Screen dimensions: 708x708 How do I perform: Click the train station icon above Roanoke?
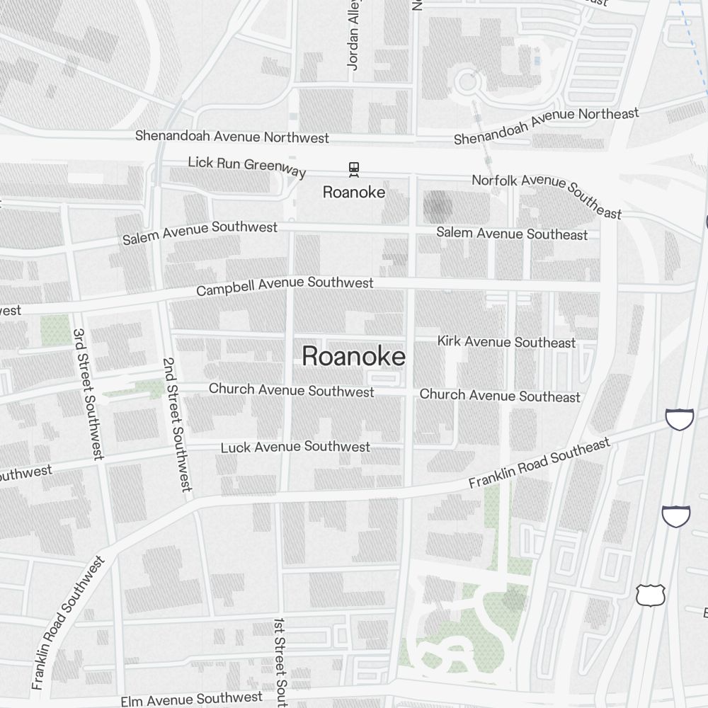[x=353, y=169]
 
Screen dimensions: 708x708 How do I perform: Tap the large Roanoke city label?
[x=353, y=356]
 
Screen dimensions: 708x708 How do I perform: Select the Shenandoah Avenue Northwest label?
[x=232, y=136]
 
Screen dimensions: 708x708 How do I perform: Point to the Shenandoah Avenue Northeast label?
[x=546, y=125]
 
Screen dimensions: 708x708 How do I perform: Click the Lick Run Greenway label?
[x=246, y=166]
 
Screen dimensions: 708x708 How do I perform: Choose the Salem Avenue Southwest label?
[x=200, y=232]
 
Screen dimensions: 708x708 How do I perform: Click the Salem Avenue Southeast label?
[x=512, y=233]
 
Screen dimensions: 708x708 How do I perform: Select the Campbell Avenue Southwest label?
[x=285, y=286]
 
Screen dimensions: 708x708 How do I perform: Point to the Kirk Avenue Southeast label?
[x=506, y=341]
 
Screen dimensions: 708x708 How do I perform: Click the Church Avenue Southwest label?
[x=291, y=390]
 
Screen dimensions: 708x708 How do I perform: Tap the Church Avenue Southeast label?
[x=500, y=395]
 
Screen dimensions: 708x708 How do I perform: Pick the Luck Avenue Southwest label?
[x=295, y=447]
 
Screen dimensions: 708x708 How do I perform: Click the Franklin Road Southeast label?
[x=539, y=463]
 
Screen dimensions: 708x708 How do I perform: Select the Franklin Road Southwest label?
[x=68, y=623]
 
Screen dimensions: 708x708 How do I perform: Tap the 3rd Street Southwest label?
[x=88, y=394]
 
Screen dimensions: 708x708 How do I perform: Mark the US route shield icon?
[x=649, y=595]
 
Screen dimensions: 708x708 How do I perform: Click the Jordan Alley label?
[x=354, y=35]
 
